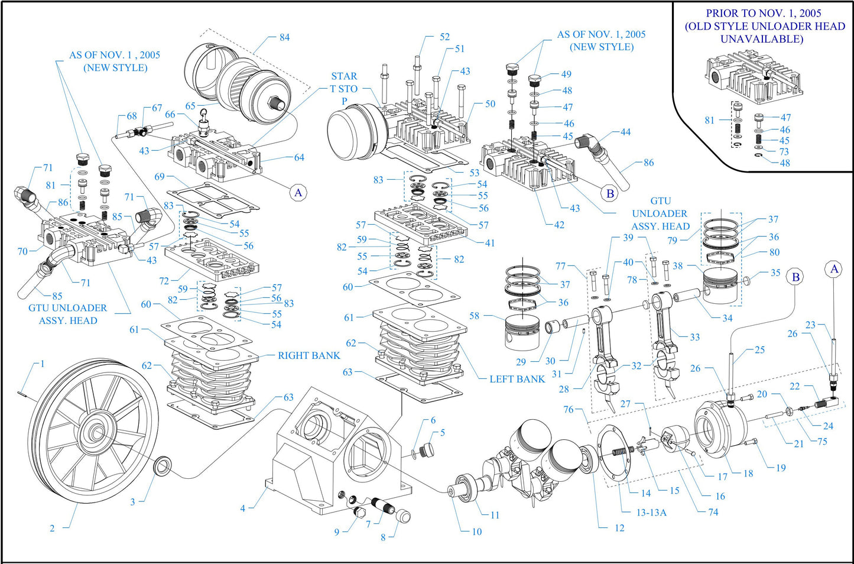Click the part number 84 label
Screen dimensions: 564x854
click(284, 37)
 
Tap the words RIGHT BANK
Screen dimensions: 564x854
click(309, 355)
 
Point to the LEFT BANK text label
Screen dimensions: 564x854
click(517, 379)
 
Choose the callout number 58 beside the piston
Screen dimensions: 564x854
click(474, 316)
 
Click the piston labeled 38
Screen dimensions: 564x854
click(720, 286)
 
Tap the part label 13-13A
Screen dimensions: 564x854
click(651, 513)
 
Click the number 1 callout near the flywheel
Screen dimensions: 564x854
click(42, 364)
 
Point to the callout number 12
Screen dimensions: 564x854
click(619, 528)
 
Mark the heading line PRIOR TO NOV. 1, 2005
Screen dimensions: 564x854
click(764, 13)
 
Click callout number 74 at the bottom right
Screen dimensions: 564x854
click(713, 512)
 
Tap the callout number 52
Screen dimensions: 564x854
click(444, 37)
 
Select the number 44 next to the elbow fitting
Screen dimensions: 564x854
click(625, 132)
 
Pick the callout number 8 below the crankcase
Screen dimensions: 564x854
click(383, 537)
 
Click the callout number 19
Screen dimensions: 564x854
click(781, 468)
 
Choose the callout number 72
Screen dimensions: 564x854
click(164, 281)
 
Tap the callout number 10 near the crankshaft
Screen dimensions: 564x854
click(476, 531)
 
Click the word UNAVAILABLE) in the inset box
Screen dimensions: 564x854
click(761, 39)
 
